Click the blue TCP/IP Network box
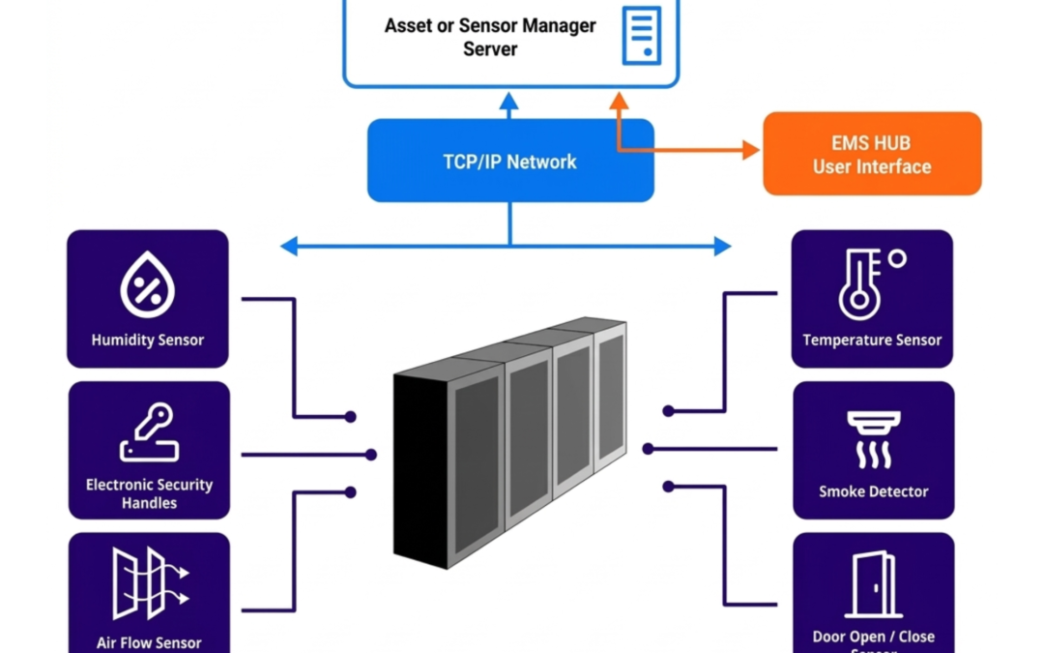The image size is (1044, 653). point(509,161)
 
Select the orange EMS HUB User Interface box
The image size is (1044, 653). point(872,154)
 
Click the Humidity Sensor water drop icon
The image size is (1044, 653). point(147,285)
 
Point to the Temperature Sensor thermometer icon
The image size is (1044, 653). point(867,283)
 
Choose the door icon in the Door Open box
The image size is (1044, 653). point(873,586)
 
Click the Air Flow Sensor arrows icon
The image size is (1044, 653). point(149,583)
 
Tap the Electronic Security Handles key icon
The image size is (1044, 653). point(149,433)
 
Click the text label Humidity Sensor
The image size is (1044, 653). point(148,341)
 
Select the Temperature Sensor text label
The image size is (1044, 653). point(872,341)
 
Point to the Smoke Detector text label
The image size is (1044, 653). point(873,491)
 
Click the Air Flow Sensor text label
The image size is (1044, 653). point(149,642)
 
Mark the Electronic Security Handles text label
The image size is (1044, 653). point(149,493)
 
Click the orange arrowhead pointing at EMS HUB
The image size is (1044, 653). point(750,149)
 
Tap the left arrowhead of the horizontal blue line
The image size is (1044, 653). point(288,247)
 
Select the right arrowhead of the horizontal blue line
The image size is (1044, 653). point(722,247)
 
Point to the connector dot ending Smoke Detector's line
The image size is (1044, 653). point(648,449)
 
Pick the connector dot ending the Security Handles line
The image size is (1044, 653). point(371,454)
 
